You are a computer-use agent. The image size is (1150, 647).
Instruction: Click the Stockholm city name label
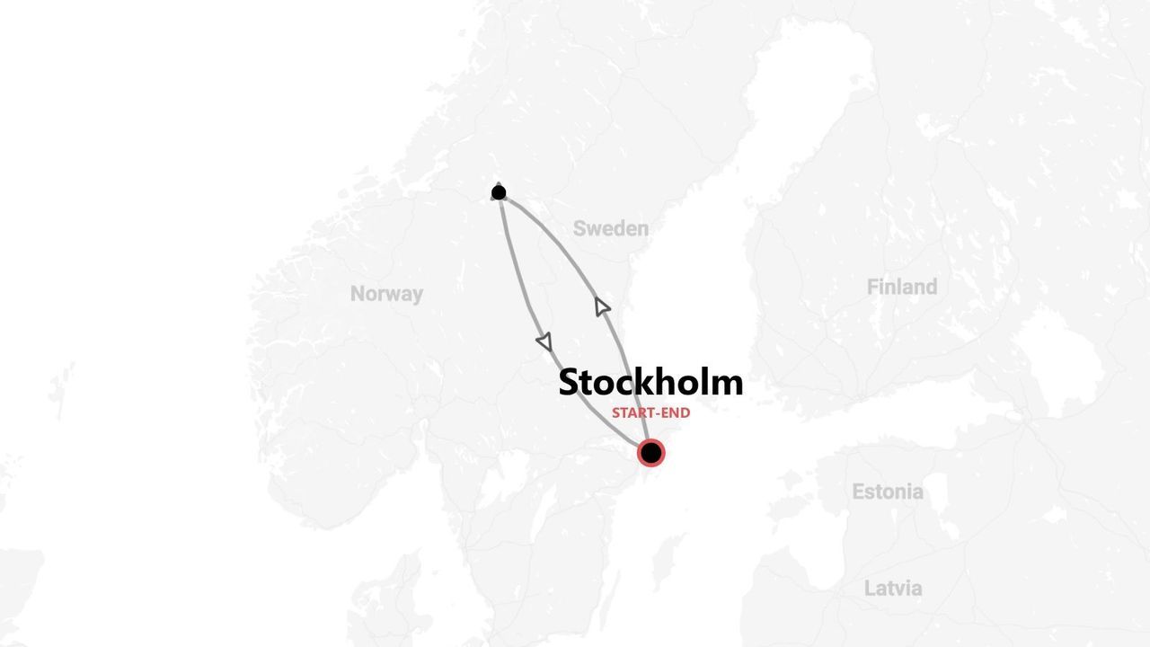pyautogui.click(x=650, y=382)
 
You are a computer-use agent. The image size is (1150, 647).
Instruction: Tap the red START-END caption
pyautogui.click(x=650, y=413)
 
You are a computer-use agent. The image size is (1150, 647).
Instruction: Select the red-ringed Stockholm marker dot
pyautogui.click(x=650, y=453)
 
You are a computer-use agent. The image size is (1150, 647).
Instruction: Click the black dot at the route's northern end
pyautogui.click(x=499, y=192)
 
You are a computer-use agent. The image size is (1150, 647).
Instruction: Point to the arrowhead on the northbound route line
pyautogui.click(x=602, y=306)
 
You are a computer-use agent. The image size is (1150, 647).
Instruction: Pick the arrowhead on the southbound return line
pyautogui.click(x=544, y=341)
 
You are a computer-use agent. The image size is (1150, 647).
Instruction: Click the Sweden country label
pyautogui.click(x=610, y=228)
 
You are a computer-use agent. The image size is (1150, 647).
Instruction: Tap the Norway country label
pyautogui.click(x=386, y=294)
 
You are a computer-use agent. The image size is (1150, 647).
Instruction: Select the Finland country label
pyautogui.click(x=901, y=287)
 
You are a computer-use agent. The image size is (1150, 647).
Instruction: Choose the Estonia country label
pyautogui.click(x=887, y=492)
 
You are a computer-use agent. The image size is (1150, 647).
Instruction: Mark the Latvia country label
pyautogui.click(x=892, y=589)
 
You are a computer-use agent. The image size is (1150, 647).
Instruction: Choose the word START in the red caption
pyautogui.click(x=632, y=413)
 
